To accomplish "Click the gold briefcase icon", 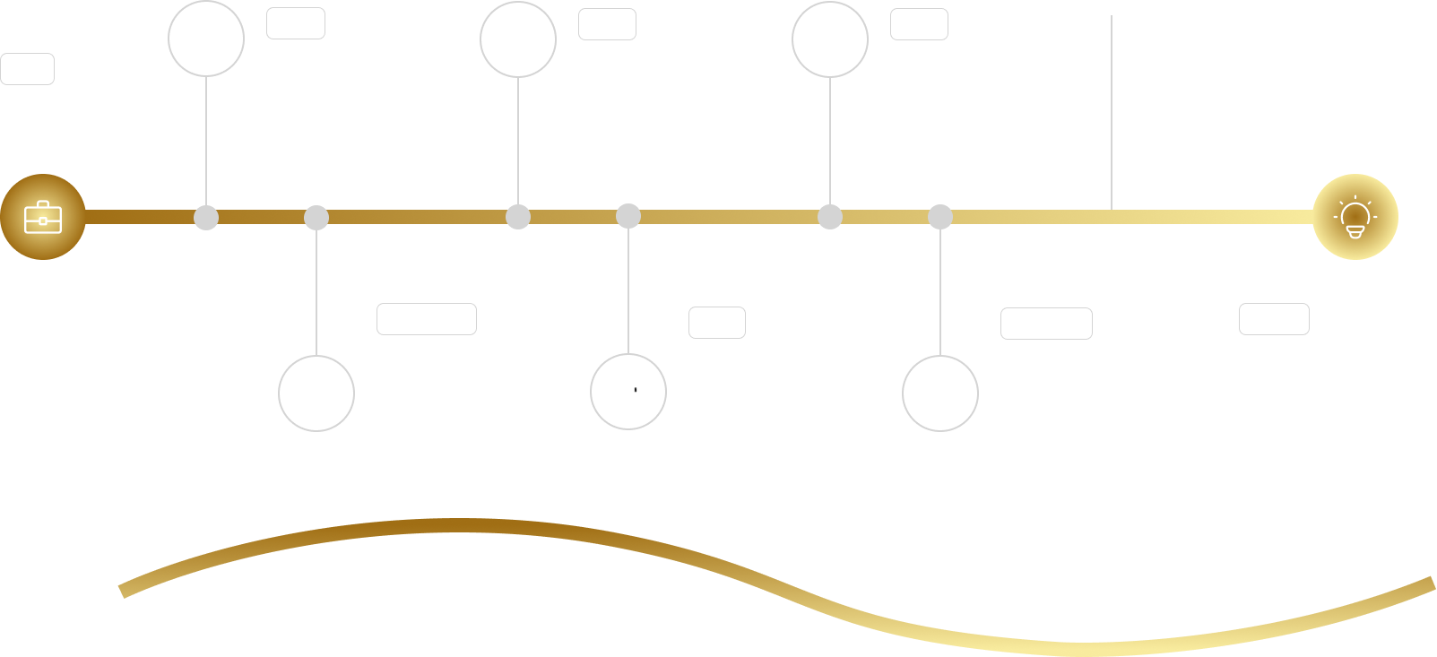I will (43, 217).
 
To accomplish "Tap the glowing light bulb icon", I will (1355, 217).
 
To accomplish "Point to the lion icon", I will (628, 392).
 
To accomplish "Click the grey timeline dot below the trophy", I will (830, 217).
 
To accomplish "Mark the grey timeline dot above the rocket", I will (316, 218).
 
